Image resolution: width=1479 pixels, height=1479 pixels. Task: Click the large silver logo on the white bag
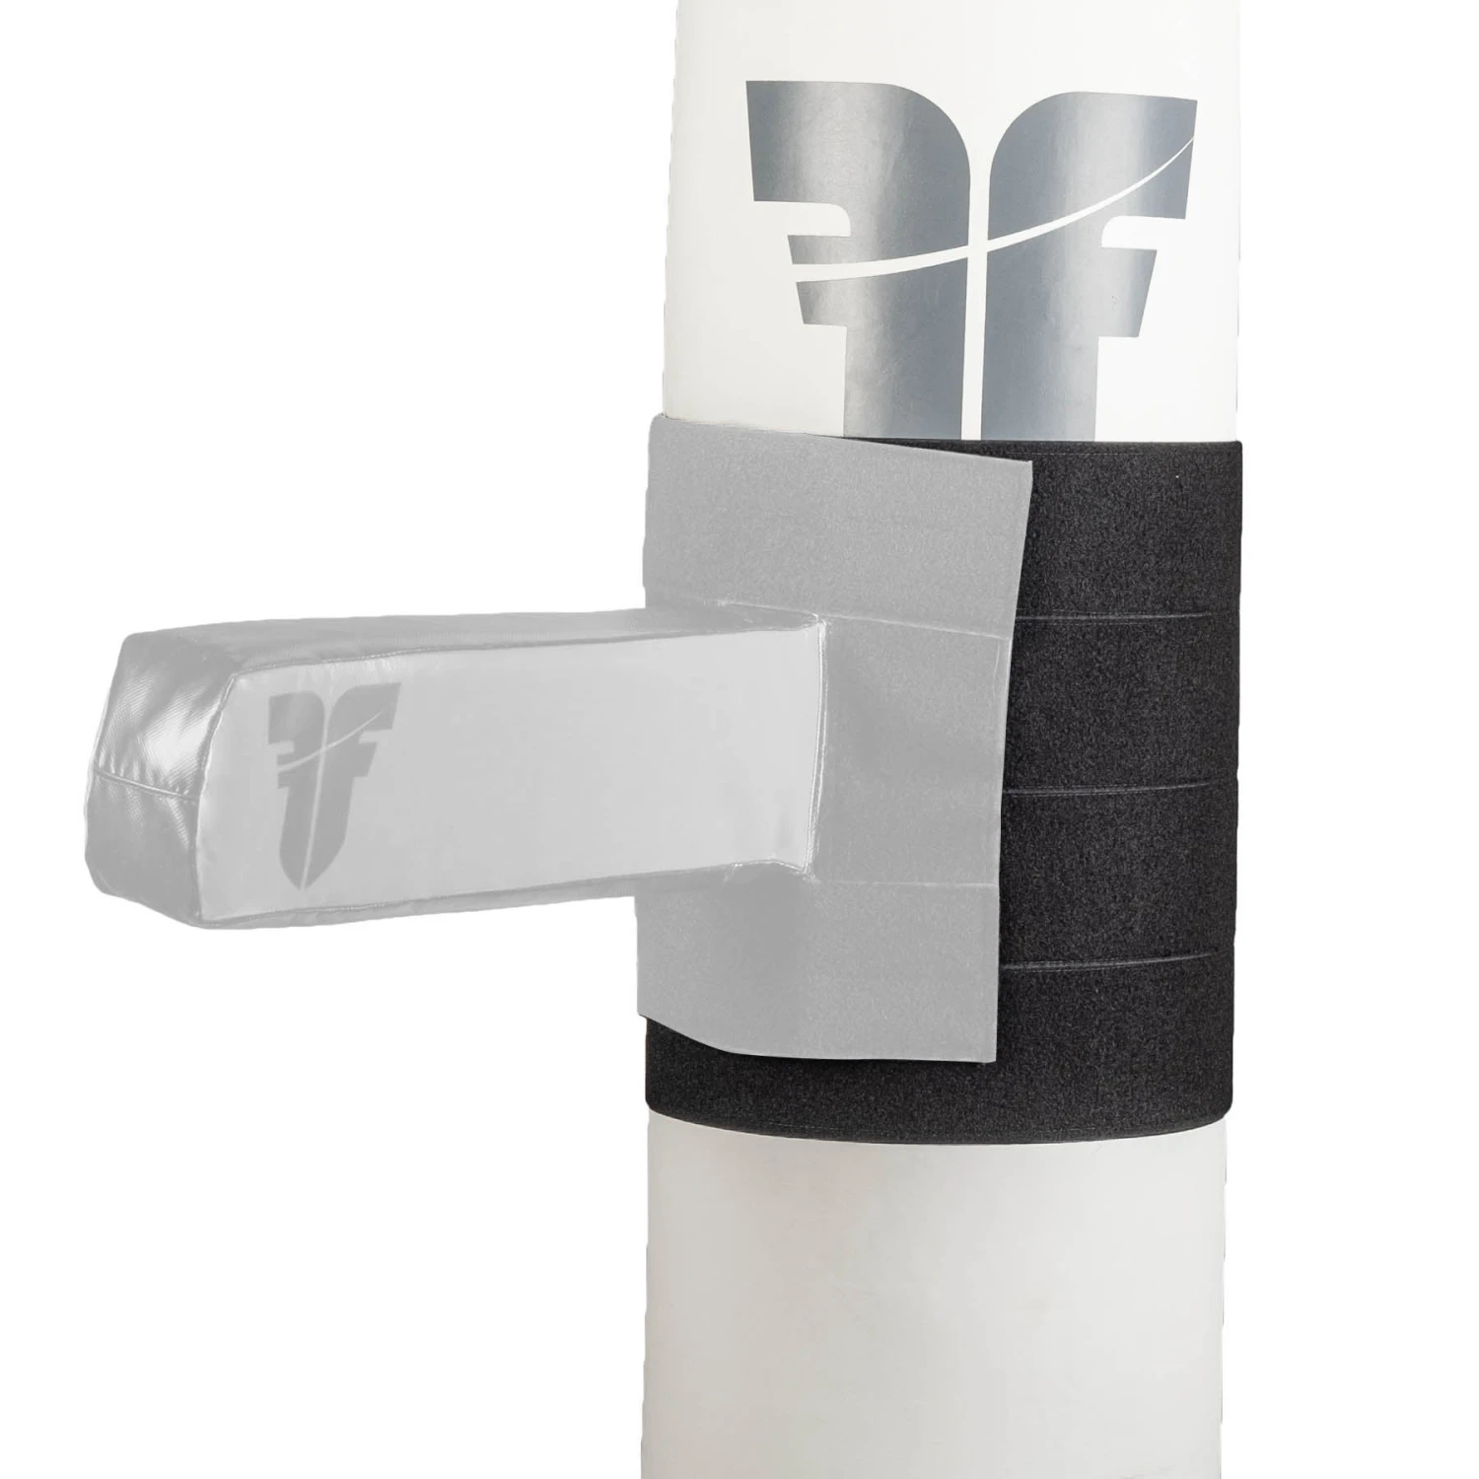[971, 256]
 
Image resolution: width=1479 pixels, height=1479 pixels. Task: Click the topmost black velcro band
[1134, 532]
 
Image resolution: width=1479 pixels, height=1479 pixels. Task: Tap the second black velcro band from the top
[1134, 690]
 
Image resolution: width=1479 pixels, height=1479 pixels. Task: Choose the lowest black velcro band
[1134, 1035]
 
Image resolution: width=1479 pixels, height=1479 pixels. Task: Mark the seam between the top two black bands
[1134, 612]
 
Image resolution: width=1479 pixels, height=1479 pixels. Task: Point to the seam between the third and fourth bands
[1134, 957]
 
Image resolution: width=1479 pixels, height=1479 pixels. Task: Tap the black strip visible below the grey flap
[789, 1094]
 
